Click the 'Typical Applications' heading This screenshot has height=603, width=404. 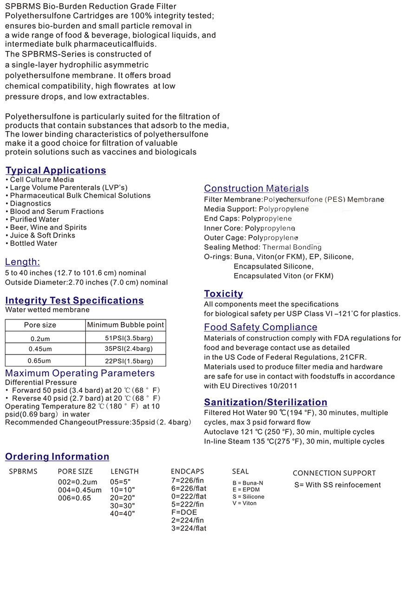(56, 170)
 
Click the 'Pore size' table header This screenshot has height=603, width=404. (40, 325)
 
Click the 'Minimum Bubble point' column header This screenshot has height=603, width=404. (126, 325)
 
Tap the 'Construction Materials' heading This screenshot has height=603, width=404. (256, 188)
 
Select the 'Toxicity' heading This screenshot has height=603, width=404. (223, 294)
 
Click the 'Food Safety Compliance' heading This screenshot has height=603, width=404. (261, 327)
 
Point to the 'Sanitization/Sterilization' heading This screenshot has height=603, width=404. (266, 402)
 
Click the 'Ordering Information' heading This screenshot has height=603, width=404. (57, 456)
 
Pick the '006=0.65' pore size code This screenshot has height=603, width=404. (74, 498)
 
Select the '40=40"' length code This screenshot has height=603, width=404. (123, 513)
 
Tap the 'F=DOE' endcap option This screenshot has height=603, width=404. (184, 512)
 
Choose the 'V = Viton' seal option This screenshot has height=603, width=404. (244, 503)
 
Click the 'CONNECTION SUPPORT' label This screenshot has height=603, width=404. (334, 473)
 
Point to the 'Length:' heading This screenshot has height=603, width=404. (22, 262)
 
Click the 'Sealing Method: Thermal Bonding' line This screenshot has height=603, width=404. (262, 247)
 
